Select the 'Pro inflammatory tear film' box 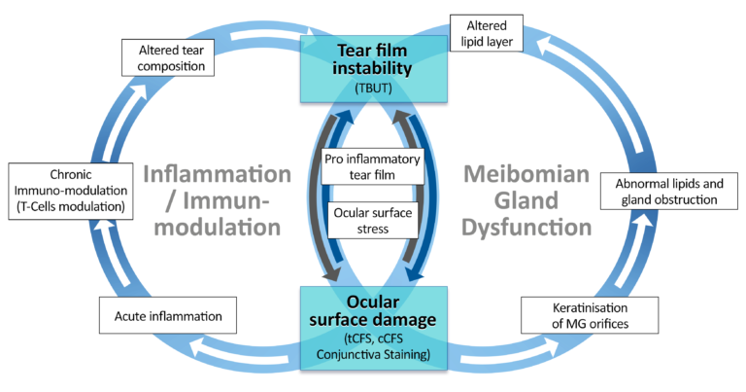(x=373, y=166)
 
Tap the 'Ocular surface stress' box (x=373, y=223)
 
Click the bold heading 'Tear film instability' (x=373, y=58)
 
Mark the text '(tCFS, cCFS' (x=373, y=339)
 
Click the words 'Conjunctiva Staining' (x=373, y=356)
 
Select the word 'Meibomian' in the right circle (x=527, y=175)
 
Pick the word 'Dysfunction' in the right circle (x=527, y=229)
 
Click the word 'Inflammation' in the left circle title (x=216, y=175)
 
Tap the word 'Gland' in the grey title (x=527, y=202)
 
